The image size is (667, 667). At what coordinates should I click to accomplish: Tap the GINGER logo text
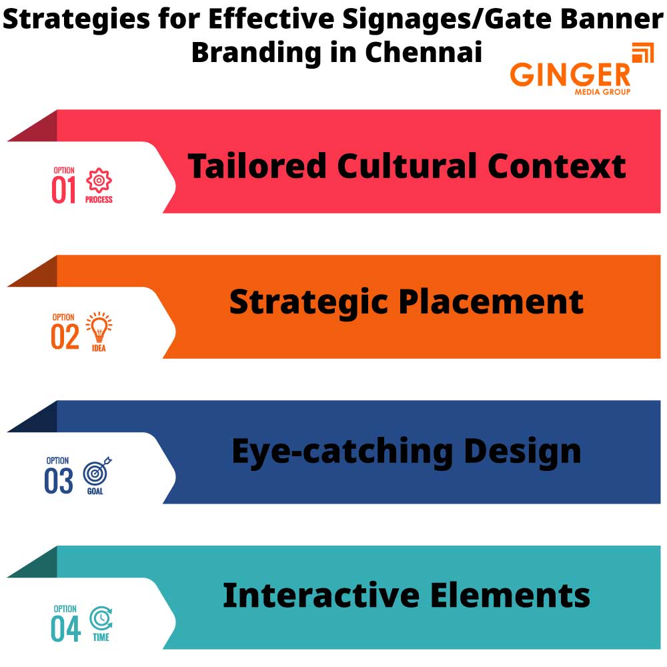(x=570, y=74)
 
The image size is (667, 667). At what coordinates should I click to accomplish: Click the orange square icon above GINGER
(x=642, y=53)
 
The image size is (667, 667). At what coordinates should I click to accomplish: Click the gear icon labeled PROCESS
(x=99, y=181)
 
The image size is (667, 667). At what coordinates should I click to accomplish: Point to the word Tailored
(x=257, y=166)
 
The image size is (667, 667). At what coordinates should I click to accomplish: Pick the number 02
(x=65, y=338)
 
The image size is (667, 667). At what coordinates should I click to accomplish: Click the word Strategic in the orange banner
(x=309, y=302)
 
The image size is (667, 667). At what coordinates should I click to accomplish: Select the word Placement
(x=492, y=302)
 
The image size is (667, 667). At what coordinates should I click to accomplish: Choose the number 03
(x=59, y=482)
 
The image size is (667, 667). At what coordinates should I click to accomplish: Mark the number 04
(x=65, y=629)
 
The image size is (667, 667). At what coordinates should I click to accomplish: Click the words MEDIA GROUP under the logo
(x=602, y=91)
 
